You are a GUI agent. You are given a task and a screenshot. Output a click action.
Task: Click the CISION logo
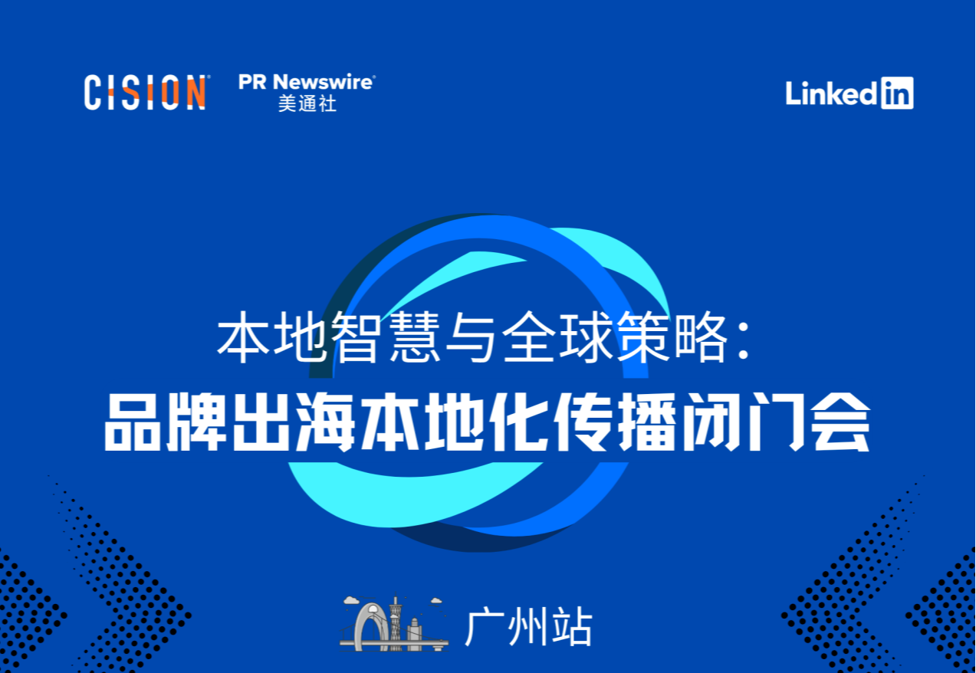[x=145, y=92]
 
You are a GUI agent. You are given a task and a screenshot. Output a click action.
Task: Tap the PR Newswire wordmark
[x=306, y=81]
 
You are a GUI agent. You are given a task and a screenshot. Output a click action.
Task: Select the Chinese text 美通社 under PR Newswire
[x=307, y=104]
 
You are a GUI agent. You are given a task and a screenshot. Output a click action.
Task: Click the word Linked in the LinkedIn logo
[x=830, y=94]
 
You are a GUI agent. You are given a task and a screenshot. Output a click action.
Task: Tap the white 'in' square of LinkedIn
[x=896, y=93]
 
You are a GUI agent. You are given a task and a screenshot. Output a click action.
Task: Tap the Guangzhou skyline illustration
[x=394, y=624]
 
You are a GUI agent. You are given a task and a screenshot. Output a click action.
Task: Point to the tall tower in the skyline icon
[x=396, y=621]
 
